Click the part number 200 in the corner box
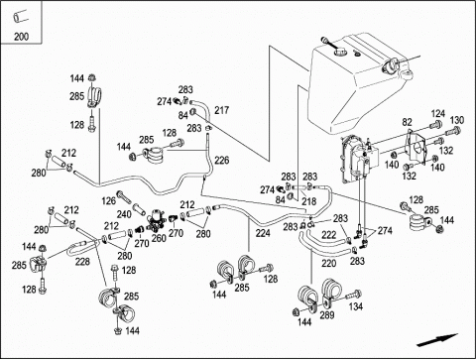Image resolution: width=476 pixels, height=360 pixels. pyautogui.click(x=21, y=37)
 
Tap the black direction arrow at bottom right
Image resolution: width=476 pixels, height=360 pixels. pyautogui.click(x=437, y=340)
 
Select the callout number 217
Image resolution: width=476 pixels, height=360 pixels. pyautogui.click(x=221, y=110)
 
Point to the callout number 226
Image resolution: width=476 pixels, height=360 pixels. pyautogui.click(x=221, y=161)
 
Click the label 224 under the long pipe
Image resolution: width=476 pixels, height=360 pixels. pyautogui.click(x=263, y=233)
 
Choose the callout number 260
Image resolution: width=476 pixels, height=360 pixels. pyautogui.click(x=159, y=238)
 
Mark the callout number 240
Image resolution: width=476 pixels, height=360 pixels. pyautogui.click(x=124, y=214)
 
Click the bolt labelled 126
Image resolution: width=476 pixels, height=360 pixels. pyautogui.click(x=123, y=196)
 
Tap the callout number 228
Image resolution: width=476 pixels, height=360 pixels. pyautogui.click(x=82, y=262)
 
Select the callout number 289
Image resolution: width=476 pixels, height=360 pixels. pyautogui.click(x=327, y=315)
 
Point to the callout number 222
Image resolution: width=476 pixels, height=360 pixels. pyautogui.click(x=329, y=235)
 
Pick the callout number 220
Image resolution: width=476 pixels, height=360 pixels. pyautogui.click(x=329, y=264)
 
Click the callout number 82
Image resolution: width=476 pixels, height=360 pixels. pyautogui.click(x=408, y=122)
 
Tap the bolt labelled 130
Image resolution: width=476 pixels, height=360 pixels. pyautogui.click(x=453, y=131)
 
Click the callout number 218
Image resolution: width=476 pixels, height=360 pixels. pyautogui.click(x=309, y=201)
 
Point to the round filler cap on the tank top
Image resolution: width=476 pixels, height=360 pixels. pyautogui.click(x=340, y=52)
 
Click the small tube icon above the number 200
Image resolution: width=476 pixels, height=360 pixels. pyautogui.click(x=20, y=17)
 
